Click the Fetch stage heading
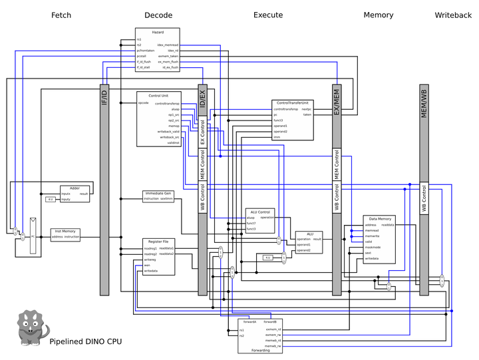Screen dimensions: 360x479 pos(61,15)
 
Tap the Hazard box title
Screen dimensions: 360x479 pos(158,32)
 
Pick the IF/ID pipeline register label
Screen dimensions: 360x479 pos(104,100)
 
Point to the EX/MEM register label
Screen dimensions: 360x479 pos(337,104)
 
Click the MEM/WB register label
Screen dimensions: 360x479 pos(424,106)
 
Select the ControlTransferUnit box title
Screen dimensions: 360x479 pos(292,103)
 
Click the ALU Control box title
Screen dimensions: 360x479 pos(259,212)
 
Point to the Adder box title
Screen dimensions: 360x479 pos(75,188)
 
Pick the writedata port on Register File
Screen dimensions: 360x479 pos(150,271)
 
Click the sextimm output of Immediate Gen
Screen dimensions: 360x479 pos(166,199)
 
